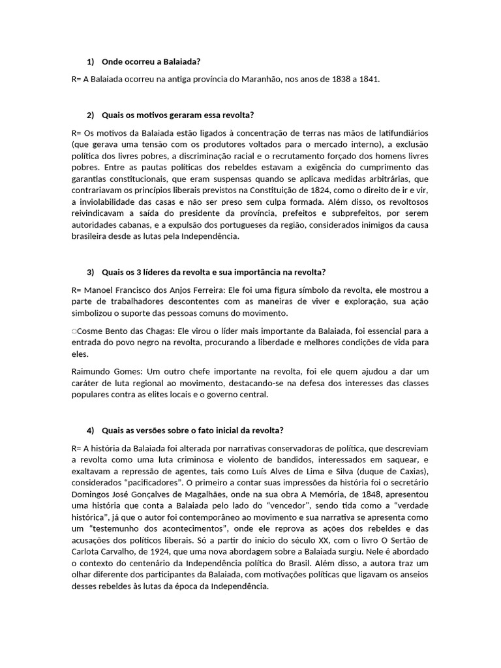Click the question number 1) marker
pos(90,62)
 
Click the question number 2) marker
pos(90,115)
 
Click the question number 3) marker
pos(90,271)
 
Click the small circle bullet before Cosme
pos(74,332)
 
